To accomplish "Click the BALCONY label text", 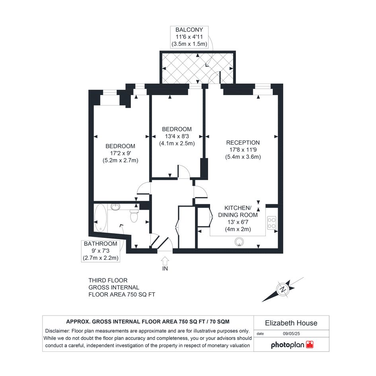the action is [189, 30].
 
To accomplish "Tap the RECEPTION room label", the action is [243, 143].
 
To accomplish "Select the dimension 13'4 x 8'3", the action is [177, 136].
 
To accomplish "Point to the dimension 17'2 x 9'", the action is [121, 153].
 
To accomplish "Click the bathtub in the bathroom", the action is [101, 218].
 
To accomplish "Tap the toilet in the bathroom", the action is [134, 216].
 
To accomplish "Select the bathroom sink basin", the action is [116, 207].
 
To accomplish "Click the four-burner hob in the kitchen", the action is [272, 223].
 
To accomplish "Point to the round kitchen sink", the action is [239, 242].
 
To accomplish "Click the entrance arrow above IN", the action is [165, 261].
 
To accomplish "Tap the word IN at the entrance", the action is [165, 269].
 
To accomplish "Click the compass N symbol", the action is [283, 289].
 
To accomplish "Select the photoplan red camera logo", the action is [310, 345].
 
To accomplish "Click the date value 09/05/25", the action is [291, 333].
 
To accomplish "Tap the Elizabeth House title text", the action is [291, 323].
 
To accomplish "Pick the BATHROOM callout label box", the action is [101, 251].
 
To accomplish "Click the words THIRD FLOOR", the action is [108, 281].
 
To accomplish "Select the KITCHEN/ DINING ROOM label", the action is [238, 212].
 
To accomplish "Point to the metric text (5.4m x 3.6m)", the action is [243, 157].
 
